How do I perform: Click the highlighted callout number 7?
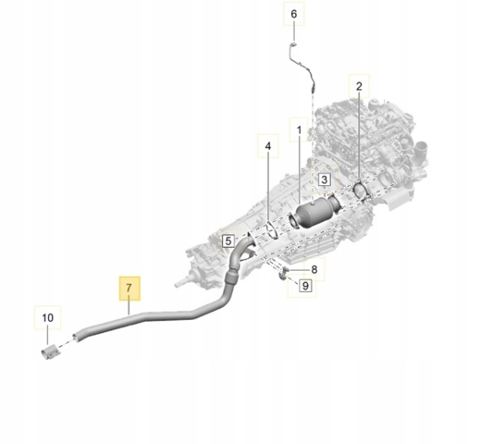point(129,288)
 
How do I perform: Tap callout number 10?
point(47,317)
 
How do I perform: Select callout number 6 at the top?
point(293,14)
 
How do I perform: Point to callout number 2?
point(359,86)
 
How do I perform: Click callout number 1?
point(299,129)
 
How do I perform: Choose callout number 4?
point(268,146)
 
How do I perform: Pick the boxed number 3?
point(324,179)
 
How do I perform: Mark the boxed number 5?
point(228,240)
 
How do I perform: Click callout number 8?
point(314,269)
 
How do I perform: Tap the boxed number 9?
point(305,286)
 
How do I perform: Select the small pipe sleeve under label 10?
point(50,353)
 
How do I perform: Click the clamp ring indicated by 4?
point(271,230)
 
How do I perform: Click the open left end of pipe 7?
point(76,338)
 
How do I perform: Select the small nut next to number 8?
point(286,269)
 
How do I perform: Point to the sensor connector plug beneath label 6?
point(292,44)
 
